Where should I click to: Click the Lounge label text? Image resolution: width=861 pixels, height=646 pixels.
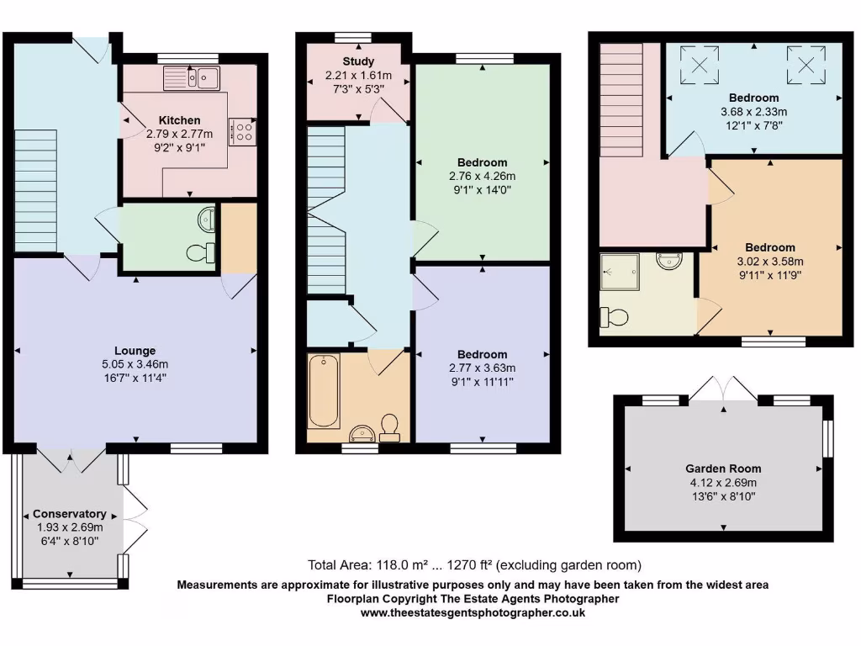(135, 351)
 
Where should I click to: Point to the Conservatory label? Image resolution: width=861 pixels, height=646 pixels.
(69, 514)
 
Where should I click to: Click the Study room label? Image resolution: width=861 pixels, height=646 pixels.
(358, 61)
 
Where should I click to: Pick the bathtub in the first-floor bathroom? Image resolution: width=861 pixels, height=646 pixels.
(324, 392)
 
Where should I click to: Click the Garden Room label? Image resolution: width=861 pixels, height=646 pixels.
(722, 469)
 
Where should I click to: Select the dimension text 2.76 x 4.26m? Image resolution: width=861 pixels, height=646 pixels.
(482, 176)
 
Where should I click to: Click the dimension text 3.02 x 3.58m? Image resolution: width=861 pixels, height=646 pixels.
(769, 261)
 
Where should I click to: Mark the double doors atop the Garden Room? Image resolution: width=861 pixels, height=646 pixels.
(723, 389)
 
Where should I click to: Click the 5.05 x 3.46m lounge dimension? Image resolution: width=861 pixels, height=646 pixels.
(135, 364)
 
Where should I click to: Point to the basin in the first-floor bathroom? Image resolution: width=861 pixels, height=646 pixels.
(362, 433)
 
